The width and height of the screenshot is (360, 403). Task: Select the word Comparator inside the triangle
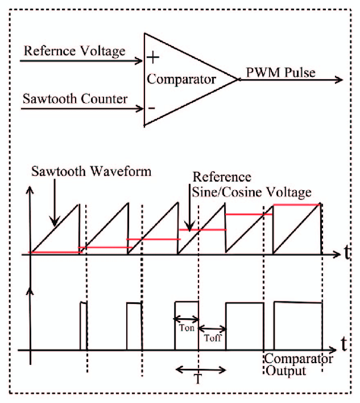click(181, 79)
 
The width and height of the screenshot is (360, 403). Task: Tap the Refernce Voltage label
click(75, 51)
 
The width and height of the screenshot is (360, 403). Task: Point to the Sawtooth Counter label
click(75, 98)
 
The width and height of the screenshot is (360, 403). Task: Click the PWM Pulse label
click(280, 73)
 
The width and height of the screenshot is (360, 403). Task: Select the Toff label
click(212, 337)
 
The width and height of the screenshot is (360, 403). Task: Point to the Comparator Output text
click(298, 365)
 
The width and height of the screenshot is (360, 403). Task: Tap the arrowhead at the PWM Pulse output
click(340, 80)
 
